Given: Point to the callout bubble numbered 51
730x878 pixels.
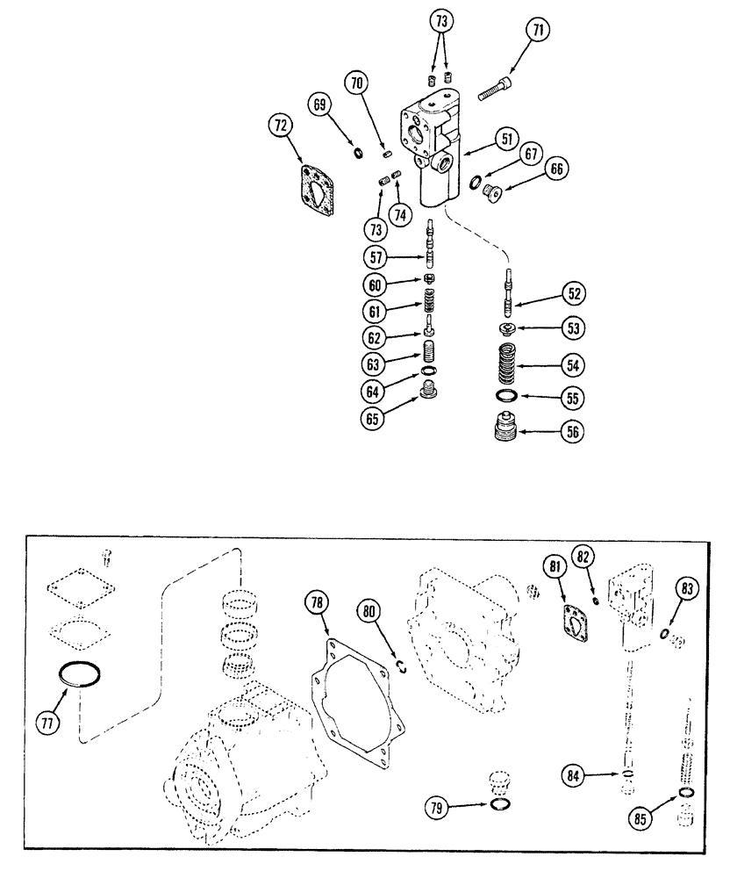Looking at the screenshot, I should point(506,138).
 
